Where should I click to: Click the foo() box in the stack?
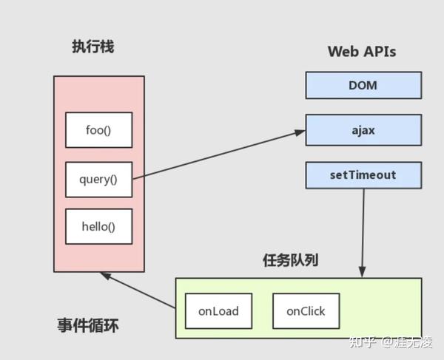click(x=98, y=130)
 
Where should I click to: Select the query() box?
click(x=98, y=180)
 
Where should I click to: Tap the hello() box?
click(x=98, y=227)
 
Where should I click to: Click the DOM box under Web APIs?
click(x=363, y=85)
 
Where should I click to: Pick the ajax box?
click(x=363, y=130)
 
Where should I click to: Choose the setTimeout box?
click(x=363, y=175)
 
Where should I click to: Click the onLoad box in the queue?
click(x=218, y=311)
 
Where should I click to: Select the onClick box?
click(x=306, y=311)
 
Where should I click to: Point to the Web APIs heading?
click(x=361, y=52)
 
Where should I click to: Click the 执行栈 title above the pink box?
click(x=92, y=47)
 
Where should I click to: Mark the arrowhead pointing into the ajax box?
click(x=300, y=132)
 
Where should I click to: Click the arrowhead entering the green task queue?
click(x=362, y=273)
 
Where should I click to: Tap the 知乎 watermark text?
click(x=363, y=342)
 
